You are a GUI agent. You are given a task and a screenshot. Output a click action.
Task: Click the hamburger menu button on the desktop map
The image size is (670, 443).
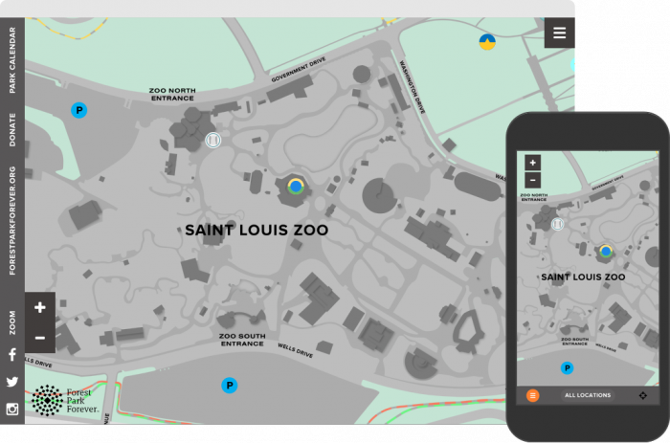click(560, 33)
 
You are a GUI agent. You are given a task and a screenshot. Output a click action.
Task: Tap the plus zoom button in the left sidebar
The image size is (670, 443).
click(40, 307)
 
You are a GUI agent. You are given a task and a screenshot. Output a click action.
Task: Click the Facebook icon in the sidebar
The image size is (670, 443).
click(12, 354)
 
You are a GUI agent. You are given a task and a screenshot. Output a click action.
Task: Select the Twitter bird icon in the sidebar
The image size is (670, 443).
click(12, 382)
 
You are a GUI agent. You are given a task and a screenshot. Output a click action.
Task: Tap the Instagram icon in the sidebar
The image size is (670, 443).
click(12, 410)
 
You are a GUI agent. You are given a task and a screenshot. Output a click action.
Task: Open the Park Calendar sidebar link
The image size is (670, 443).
click(12, 65)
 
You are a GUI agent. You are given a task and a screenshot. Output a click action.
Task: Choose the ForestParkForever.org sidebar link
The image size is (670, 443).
click(12, 221)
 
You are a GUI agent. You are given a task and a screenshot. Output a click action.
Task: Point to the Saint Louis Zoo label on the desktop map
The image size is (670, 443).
click(257, 231)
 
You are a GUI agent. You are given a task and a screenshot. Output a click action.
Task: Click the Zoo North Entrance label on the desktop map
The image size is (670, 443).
click(172, 94)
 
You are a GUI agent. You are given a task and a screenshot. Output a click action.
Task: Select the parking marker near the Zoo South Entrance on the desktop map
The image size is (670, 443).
click(229, 386)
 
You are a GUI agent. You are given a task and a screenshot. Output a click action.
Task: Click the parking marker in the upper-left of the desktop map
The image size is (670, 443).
click(78, 110)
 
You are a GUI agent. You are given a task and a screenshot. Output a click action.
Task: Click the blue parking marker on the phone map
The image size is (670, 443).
click(567, 367)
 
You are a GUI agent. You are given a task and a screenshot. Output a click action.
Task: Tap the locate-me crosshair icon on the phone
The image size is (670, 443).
click(642, 395)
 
